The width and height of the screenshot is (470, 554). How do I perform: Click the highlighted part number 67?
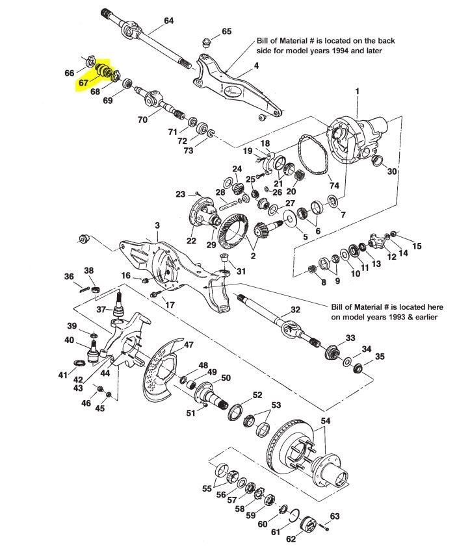[x=83, y=82]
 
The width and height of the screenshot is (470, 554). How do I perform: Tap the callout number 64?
[x=168, y=21]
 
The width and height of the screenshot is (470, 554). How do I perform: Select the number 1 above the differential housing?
[x=357, y=91]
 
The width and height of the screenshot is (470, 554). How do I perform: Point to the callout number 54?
[x=325, y=420]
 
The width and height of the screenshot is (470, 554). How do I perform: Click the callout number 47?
[x=189, y=344]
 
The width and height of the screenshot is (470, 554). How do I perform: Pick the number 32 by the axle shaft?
[x=295, y=310]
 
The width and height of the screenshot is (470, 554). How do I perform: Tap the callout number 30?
[x=392, y=171]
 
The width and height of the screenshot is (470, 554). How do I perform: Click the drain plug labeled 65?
[x=206, y=43]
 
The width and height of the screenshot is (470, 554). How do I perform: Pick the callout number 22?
[x=191, y=240]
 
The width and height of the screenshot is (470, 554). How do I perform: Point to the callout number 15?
[x=417, y=246]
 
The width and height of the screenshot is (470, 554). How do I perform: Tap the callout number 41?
[x=63, y=375]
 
